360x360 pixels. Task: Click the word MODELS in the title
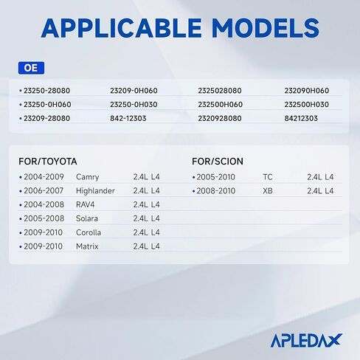266,28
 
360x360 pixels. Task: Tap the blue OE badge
31,68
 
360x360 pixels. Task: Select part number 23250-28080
46,91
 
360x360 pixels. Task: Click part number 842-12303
128,119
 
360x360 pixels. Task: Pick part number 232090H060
307,91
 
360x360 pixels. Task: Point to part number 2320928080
220,119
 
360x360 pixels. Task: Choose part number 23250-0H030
134,105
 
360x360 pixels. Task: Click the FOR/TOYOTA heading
48,162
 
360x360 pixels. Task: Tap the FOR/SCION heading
218,162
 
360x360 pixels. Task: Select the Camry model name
88,177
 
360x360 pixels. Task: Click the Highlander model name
95,191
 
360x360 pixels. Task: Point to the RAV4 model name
85,204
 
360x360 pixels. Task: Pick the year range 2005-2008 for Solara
44,218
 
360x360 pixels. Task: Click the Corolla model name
89,232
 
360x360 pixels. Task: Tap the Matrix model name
87,246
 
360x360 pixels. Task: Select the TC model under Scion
268,177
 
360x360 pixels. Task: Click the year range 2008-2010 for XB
216,191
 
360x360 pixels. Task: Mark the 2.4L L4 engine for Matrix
146,246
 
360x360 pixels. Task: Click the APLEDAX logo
306,341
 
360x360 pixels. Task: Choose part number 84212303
301,119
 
